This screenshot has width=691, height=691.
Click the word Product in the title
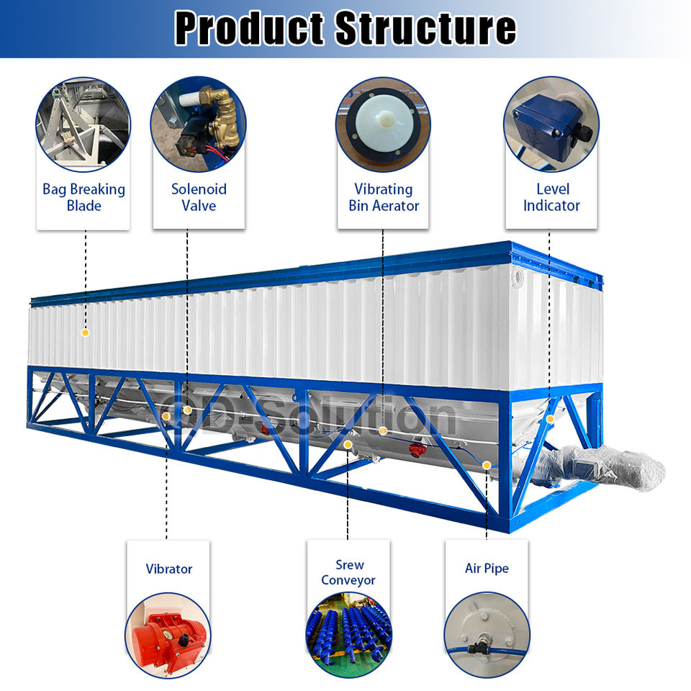[251, 28]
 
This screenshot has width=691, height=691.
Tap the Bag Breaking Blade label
[83, 197]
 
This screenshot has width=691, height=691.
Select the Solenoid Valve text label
[199, 197]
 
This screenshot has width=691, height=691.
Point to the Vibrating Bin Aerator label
[383, 197]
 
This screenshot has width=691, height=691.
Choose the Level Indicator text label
[551, 197]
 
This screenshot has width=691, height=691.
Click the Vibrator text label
[169, 569]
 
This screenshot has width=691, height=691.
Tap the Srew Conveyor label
[348, 572]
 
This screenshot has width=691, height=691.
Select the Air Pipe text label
[487, 569]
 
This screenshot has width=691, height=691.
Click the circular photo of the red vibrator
[168, 634]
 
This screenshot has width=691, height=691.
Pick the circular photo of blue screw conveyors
[349, 634]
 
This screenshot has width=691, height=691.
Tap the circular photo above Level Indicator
[551, 124]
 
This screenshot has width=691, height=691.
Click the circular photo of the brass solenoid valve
[198, 124]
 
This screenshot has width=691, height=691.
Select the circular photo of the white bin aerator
[383, 124]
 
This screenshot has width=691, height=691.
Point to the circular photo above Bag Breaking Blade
[83, 124]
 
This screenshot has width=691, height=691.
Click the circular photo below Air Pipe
[487, 634]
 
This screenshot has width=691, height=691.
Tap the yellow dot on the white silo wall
[85, 333]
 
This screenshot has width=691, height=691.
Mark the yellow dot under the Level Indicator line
[550, 419]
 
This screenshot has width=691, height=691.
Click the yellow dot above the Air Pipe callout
[487, 464]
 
